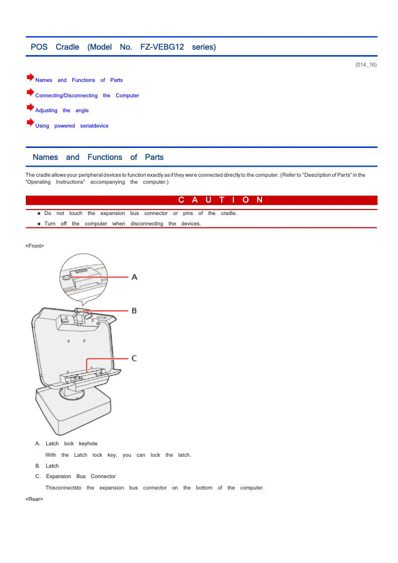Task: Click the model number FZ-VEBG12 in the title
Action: [x=162, y=47]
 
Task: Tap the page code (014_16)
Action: [x=366, y=65]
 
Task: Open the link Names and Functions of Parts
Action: [x=79, y=80]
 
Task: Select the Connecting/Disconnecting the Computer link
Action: [x=87, y=95]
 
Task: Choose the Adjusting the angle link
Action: [x=62, y=110]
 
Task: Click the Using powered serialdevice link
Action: [x=71, y=126]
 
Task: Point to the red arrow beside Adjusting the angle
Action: [x=30, y=108]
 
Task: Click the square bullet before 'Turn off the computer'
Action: [x=39, y=224]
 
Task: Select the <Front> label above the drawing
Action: [x=35, y=246]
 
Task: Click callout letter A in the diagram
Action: [x=134, y=277]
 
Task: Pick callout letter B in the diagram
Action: [x=134, y=311]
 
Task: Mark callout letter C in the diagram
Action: [x=134, y=358]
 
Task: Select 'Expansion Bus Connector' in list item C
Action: [x=80, y=476]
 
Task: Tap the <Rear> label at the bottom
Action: [x=34, y=499]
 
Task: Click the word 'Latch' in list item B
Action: [x=52, y=466]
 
